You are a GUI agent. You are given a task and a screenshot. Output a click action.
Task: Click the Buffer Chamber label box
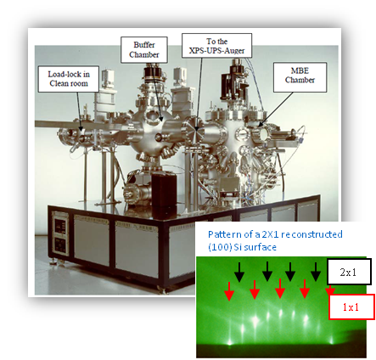[x=144, y=50]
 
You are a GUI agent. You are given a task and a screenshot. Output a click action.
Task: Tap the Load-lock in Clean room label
[x=69, y=79]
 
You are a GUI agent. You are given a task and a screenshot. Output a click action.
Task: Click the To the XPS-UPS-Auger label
[x=216, y=46]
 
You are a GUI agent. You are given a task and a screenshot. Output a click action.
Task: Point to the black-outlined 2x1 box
[x=349, y=272]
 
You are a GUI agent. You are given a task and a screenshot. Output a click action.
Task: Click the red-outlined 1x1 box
[x=351, y=307]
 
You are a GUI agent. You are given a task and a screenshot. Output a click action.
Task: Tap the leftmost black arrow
[x=239, y=272]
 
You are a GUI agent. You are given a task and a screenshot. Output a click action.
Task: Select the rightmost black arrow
[x=316, y=272]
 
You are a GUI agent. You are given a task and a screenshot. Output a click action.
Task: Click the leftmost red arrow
[x=229, y=291]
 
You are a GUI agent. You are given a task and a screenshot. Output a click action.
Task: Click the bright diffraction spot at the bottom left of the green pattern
[x=230, y=342]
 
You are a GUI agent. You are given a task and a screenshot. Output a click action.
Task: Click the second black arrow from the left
[x=267, y=272]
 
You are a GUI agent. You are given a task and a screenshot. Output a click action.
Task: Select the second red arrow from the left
[x=255, y=290]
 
